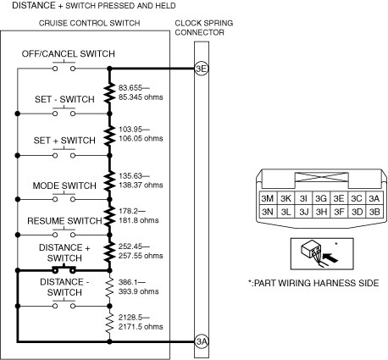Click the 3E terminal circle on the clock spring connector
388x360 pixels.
click(202, 69)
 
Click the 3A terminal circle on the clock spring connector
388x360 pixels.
click(202, 341)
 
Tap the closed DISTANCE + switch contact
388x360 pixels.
click(64, 269)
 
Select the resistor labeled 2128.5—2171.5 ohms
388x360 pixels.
click(109, 323)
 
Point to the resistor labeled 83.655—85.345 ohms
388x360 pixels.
click(109, 92)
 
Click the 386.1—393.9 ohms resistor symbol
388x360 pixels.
click(109, 287)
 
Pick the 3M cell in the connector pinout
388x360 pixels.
click(268, 198)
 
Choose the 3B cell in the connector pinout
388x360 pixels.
click(374, 212)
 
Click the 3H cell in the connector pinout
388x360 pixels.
click(321, 212)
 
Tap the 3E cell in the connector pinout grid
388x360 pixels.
click(339, 198)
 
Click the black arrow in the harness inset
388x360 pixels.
click(330, 258)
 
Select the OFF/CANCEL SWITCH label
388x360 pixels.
click(69, 53)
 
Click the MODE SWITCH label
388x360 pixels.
click(64, 186)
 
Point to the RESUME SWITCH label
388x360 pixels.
click(64, 220)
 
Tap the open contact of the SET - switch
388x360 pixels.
click(64, 112)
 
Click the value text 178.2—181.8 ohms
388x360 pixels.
click(138, 216)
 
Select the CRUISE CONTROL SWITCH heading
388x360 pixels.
click(90, 23)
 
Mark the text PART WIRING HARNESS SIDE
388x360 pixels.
click(316, 283)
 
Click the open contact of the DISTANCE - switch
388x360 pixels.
click(64, 304)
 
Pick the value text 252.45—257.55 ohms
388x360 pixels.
click(141, 251)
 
